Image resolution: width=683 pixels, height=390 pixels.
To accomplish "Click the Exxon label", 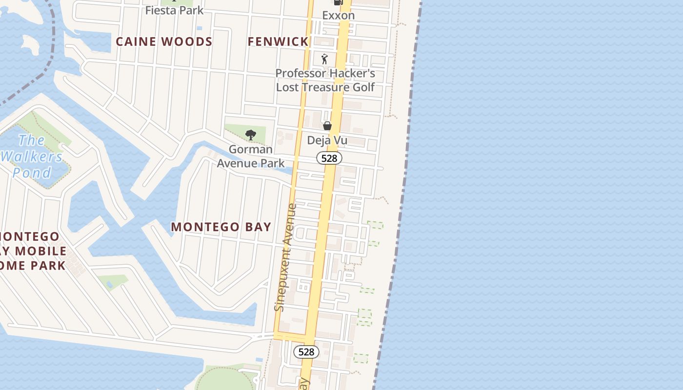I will coord(338,15).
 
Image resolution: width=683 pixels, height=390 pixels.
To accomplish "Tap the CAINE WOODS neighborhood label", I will coord(164,42).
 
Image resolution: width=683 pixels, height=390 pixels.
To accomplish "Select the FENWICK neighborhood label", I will coord(278,42).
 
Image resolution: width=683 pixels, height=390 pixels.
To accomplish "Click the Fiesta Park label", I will coord(174,10).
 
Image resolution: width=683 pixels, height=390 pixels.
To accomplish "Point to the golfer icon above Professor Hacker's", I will coord(325,59).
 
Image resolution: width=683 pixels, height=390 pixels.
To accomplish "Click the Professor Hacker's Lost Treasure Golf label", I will coord(325,80).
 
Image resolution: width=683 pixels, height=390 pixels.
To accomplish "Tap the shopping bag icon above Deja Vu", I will coord(327,126).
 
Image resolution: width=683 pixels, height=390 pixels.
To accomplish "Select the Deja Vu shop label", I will coord(327,140).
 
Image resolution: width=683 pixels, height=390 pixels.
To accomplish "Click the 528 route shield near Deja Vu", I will coord(329,158).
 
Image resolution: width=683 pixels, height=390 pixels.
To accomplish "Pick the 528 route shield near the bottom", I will coord(306,351).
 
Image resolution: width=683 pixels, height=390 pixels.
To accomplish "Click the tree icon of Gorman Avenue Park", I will coord(251,135).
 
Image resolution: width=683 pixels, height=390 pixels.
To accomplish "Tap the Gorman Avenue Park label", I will coord(251,156).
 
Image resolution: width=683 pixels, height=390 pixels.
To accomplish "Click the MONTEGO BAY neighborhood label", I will coord(221,227).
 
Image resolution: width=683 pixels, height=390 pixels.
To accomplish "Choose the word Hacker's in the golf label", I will coord(350,74).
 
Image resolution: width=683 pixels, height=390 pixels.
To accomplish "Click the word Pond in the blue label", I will coord(32,173).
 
